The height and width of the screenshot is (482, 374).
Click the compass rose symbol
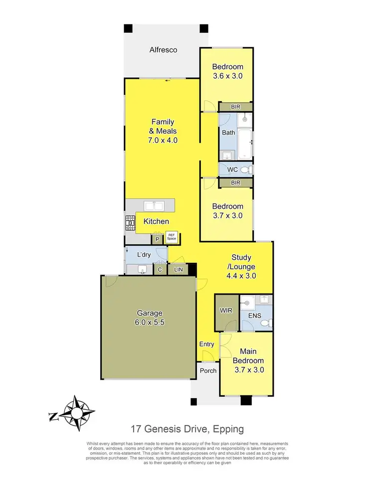click(76, 412)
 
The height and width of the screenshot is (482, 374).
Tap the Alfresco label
click(164, 50)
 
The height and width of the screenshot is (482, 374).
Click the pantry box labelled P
click(158, 239)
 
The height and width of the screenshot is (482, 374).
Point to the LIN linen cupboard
click(178, 270)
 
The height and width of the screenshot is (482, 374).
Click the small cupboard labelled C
click(160, 270)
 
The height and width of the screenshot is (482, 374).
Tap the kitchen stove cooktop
click(130, 223)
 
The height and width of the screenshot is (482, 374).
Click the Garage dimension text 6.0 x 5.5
click(150, 322)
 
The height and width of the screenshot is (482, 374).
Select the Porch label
click(208, 371)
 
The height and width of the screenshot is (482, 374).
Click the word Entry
click(206, 344)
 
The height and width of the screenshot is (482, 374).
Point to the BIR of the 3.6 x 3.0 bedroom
click(235, 107)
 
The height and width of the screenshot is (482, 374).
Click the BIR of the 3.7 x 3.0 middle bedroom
click(235, 183)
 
